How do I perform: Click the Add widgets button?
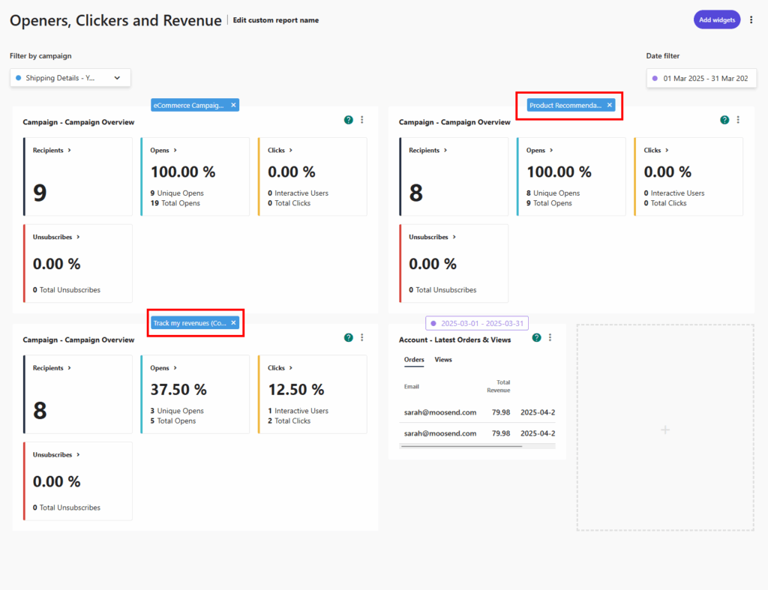tap(716, 20)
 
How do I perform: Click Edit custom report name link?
tap(275, 20)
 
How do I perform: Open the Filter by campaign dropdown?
tap(70, 77)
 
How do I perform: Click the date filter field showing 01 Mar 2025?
tap(701, 78)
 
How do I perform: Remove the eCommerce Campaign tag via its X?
tap(233, 106)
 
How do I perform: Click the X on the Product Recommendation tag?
tap(609, 106)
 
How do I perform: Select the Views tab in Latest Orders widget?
tap(443, 360)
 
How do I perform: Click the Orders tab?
tap(414, 360)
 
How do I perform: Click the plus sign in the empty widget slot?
tap(664, 430)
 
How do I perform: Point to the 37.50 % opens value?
tap(178, 390)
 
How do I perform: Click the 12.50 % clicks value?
tap(295, 390)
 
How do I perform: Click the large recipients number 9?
tap(40, 193)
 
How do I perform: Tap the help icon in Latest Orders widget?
tap(536, 338)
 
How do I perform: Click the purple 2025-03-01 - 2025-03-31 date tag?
tap(477, 323)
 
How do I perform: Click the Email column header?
tap(412, 387)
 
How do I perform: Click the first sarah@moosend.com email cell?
tap(440, 412)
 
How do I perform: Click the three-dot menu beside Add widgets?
tap(751, 20)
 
